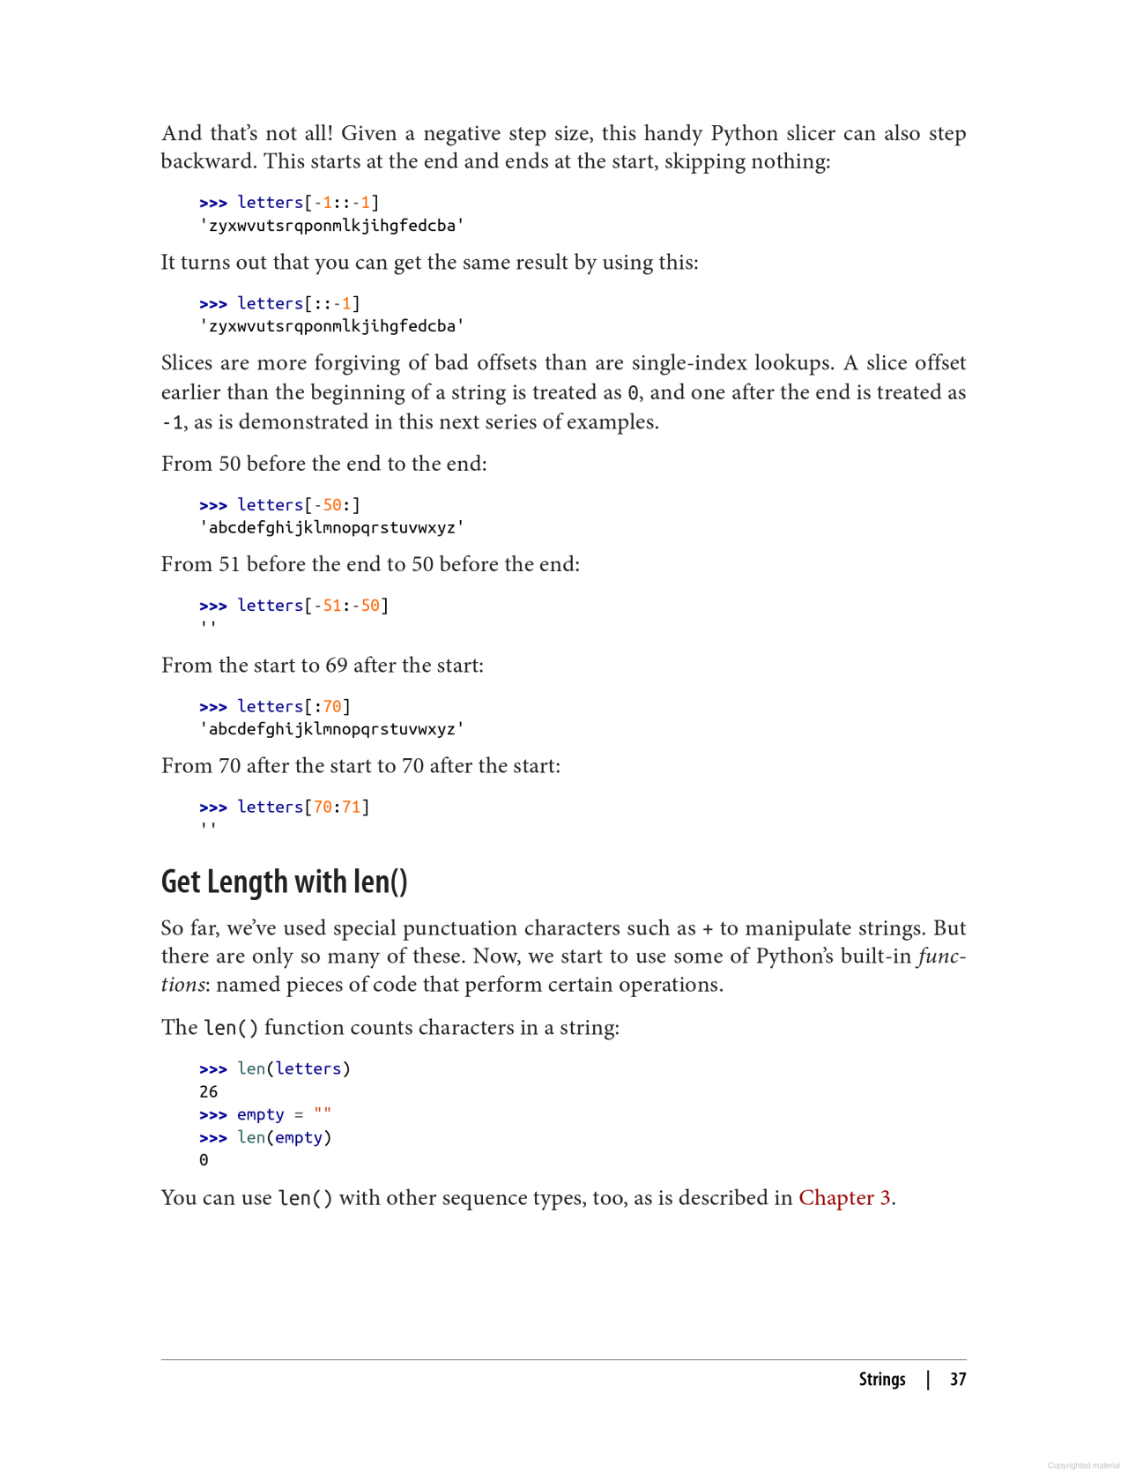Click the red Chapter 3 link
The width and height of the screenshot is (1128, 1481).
tap(844, 1198)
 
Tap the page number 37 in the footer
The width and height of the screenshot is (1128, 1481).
tap(958, 1380)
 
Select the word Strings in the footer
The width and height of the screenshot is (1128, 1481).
tap(881, 1380)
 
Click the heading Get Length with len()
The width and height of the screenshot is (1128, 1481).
tap(284, 882)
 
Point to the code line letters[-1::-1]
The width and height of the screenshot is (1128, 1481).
tap(308, 203)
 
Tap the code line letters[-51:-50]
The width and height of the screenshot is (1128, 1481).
tap(312, 606)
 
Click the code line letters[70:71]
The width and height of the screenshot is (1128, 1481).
tap(303, 807)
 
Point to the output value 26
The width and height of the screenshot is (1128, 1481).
tap(208, 1092)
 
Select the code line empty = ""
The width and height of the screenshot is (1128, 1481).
tap(284, 1115)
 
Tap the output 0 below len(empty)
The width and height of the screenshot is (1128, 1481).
tap(204, 1161)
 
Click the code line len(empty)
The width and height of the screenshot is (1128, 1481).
tap(284, 1138)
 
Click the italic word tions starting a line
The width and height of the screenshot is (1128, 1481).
tap(182, 985)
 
